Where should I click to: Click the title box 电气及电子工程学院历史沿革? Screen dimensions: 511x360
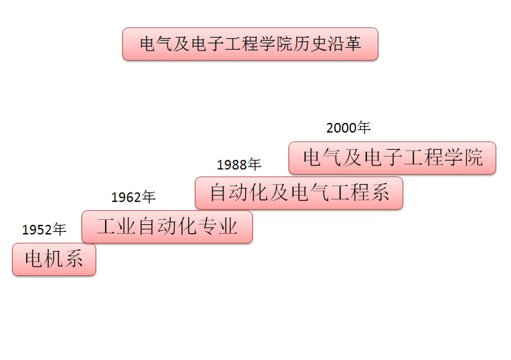250,44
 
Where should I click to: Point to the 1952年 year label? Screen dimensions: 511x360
44,229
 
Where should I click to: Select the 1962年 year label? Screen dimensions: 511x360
133,197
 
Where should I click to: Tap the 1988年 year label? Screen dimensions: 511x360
239,165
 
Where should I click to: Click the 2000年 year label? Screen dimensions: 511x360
348,127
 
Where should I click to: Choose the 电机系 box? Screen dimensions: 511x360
54,259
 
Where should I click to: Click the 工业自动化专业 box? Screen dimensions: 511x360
167,227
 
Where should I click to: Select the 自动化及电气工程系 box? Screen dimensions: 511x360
299,193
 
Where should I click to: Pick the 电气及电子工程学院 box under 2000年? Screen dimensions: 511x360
393,158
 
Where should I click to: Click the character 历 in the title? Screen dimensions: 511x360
301,44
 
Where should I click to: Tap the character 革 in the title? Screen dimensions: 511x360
353,44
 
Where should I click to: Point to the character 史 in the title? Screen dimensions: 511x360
318,44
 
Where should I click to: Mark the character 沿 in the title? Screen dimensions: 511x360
336,44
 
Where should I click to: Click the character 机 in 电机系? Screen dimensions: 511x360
54,259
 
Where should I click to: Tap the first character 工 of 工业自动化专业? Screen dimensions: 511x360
106,227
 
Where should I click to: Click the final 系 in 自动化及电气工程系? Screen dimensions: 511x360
380,192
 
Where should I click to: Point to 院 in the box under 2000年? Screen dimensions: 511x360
473,158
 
